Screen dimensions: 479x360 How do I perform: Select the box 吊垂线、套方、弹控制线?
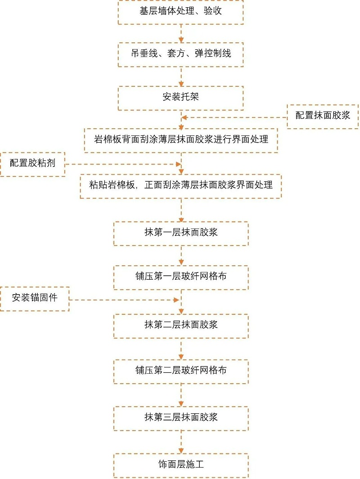[x=181, y=54]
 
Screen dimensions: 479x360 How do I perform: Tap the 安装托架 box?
[x=181, y=98]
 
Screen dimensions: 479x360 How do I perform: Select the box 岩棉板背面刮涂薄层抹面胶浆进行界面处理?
[x=181, y=140]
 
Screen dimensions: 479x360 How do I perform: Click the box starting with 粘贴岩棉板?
[x=181, y=185]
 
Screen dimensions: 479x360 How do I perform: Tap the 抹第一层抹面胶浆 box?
[x=181, y=233]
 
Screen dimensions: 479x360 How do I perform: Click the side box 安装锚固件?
[x=35, y=298]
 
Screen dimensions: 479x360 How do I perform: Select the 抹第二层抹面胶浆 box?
[x=181, y=325]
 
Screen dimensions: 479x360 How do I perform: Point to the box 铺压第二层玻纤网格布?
[x=181, y=371]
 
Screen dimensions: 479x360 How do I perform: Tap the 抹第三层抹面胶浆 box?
[x=181, y=418]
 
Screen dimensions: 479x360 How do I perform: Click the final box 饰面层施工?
[x=181, y=465]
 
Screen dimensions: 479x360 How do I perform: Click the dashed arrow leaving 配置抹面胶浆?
[x=234, y=118]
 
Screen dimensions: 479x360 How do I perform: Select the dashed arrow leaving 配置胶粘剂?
[x=121, y=165]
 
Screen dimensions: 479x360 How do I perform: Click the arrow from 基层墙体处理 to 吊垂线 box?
[x=181, y=33]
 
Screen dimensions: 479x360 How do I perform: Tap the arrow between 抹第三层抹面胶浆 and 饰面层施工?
[x=181, y=442]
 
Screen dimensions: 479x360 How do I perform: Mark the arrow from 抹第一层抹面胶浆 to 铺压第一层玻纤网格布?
[x=181, y=255]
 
